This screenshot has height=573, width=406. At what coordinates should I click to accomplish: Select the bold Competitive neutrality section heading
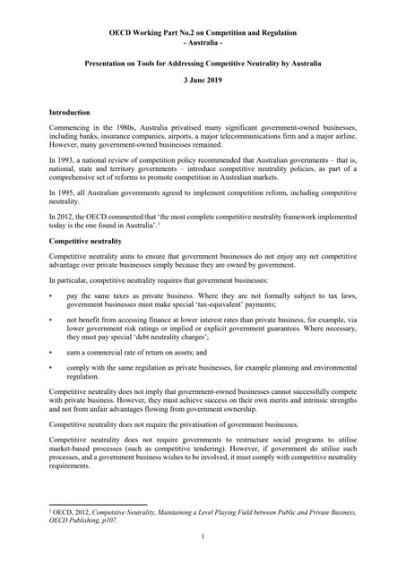pos(85,242)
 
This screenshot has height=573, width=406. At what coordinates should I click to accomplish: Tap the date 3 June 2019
pos(203,80)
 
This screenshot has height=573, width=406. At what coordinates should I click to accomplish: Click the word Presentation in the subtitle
pos(110,64)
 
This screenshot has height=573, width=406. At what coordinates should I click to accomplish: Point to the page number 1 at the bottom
pos(203,536)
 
